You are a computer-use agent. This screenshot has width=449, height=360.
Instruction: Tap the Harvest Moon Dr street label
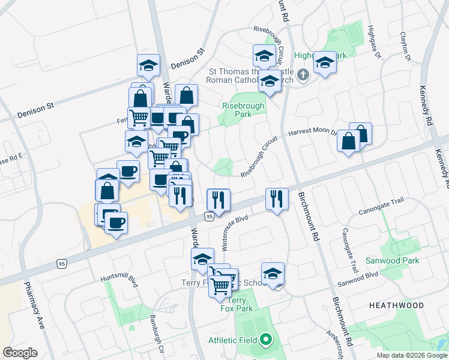(x=312, y=133)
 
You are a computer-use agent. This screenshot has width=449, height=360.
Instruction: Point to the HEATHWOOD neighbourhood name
(x=396, y=305)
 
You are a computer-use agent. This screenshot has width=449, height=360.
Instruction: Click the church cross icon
(x=303, y=75)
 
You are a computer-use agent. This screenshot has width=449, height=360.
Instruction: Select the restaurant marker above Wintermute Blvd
(x=218, y=200)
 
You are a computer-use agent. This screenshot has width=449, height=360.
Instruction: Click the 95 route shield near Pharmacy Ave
(x=62, y=263)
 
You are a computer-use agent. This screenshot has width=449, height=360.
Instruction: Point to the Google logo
(x=20, y=353)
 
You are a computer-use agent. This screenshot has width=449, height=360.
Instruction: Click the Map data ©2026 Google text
(x=412, y=355)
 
